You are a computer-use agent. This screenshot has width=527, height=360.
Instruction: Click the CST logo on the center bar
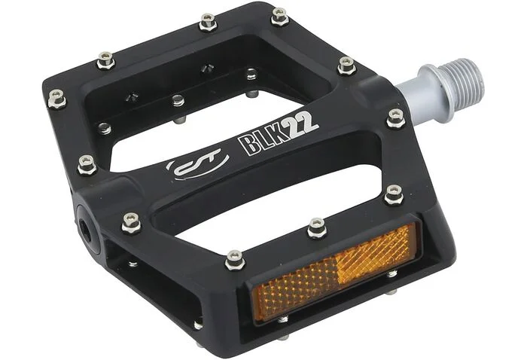197,163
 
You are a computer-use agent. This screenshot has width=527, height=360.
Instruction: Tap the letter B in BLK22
248,144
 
